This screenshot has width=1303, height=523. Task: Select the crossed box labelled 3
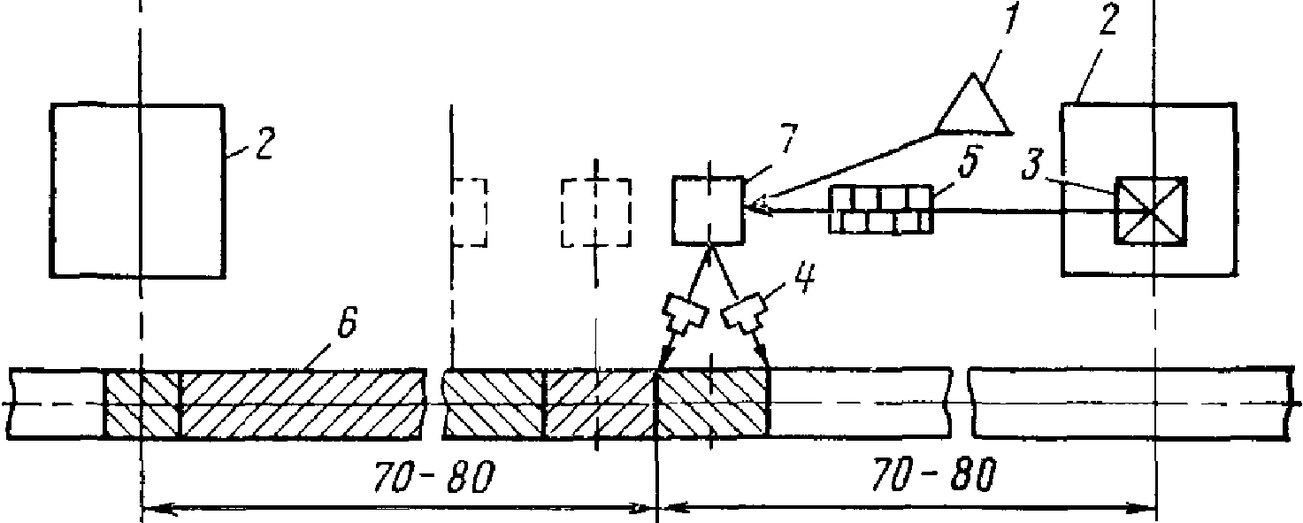(1151, 210)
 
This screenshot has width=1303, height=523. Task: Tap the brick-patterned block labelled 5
(882, 210)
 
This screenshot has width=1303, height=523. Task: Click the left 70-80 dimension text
(433, 477)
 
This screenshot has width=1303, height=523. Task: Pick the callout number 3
(1031, 164)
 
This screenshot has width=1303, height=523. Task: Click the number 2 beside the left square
(264, 143)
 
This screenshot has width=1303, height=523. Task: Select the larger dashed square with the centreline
(595, 213)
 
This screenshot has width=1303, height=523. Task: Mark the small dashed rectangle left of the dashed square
(470, 213)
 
